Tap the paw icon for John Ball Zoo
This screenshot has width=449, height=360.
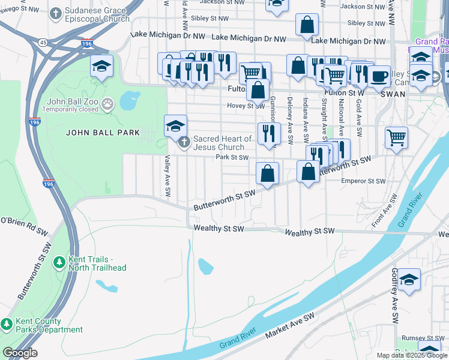coord(107,104)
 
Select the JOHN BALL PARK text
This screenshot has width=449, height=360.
coord(103,133)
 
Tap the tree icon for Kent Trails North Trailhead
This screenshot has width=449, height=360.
coord(59,263)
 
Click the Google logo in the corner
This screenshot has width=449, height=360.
coord(20,353)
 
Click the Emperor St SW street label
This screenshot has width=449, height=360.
coord(363,181)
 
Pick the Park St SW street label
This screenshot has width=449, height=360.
coord(232,158)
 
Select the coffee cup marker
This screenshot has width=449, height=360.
coord(379,77)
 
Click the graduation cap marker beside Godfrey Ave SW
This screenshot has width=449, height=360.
coord(409,280)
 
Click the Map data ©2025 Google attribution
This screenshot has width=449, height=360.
coord(412,355)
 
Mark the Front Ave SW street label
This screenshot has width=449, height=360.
coord(384,211)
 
